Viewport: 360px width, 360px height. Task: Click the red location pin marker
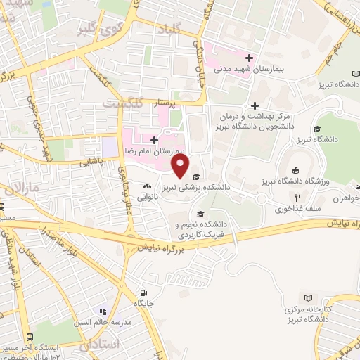(181, 166)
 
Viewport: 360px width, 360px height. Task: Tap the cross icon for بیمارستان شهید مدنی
(249, 57)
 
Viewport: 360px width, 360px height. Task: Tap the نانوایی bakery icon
(147, 186)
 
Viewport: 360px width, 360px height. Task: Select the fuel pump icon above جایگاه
(143, 293)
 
